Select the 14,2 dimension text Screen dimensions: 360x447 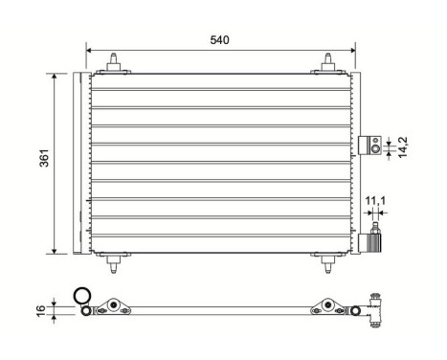[403, 146]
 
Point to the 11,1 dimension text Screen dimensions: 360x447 [375, 200]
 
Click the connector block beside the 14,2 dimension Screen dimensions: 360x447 [370, 146]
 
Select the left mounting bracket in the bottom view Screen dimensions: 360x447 [114, 306]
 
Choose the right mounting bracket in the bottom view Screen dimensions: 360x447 [327, 306]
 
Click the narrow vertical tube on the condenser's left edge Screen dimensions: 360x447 [78, 163]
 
